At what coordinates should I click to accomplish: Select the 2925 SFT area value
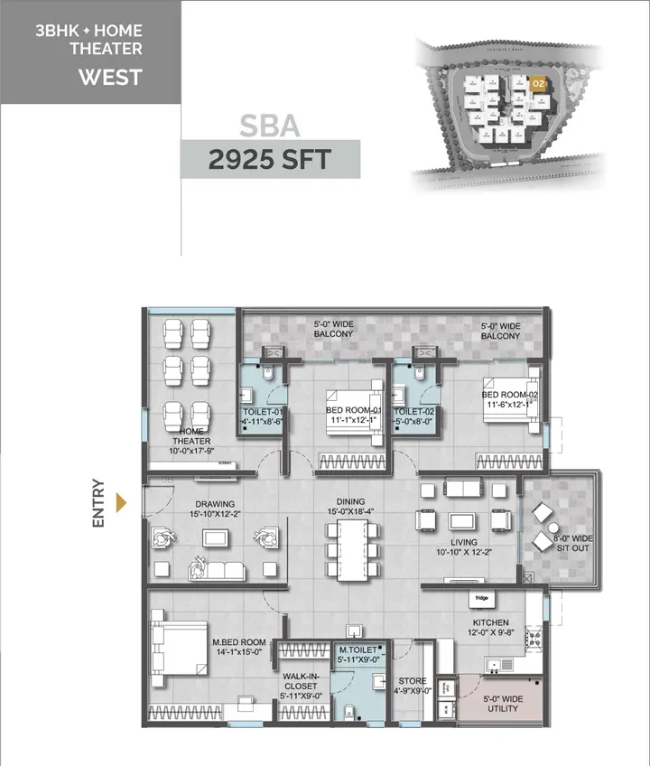pyautogui.click(x=269, y=160)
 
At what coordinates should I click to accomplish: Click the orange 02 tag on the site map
pyautogui.click(x=538, y=83)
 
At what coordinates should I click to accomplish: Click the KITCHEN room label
pyautogui.click(x=489, y=623)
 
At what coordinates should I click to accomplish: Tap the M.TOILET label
pyautogui.click(x=357, y=650)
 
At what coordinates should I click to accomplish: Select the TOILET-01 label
pyautogui.click(x=264, y=416)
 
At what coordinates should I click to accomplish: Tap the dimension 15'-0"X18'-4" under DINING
pyautogui.click(x=351, y=513)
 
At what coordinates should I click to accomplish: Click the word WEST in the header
pyautogui.click(x=110, y=77)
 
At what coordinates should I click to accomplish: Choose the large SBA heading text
pyautogui.click(x=269, y=125)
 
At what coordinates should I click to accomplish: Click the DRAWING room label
pyautogui.click(x=213, y=504)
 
